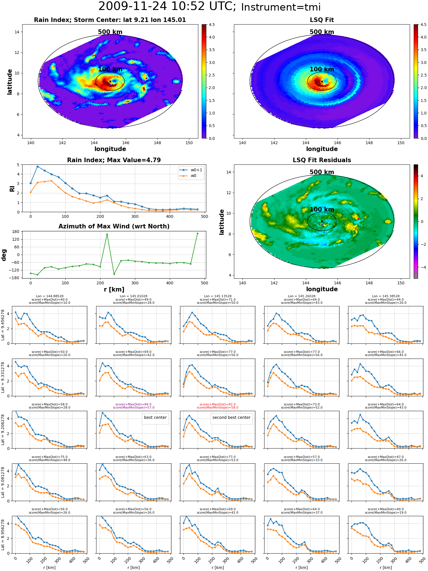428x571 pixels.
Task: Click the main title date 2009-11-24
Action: pos(132,6)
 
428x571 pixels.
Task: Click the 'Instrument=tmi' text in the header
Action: pos(281,7)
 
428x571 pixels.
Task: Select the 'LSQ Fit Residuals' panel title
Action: pos(322,160)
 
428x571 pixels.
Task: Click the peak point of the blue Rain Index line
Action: pos(37,166)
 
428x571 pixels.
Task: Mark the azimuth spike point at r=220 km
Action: pos(107,234)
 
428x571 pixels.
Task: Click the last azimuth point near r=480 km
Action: pos(197,234)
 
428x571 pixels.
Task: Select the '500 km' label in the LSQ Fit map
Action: pos(322,32)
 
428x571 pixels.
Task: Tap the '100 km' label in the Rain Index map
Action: pos(110,69)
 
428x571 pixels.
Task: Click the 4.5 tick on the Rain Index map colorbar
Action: pos(212,25)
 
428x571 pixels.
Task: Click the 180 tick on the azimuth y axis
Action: pos(16,232)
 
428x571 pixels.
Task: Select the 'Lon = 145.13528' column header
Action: pos(217,296)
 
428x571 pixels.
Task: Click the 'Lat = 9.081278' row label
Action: pos(3,482)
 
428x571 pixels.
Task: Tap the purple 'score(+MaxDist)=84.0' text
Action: pos(134,404)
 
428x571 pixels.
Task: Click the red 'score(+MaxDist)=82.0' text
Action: pos(218,404)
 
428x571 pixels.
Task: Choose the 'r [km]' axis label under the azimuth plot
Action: pos(114,289)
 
